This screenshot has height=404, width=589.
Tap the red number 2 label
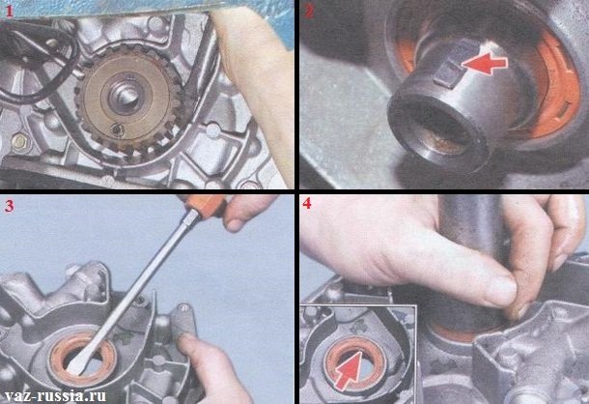(x=309, y=12)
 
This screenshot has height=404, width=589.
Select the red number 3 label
(x=9, y=206)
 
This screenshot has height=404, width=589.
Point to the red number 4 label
(x=307, y=203)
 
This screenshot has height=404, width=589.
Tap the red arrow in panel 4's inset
(x=348, y=370)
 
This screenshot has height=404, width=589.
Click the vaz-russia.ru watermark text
(x=54, y=395)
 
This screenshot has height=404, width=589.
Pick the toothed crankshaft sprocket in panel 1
(x=128, y=101)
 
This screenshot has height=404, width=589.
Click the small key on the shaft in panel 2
(x=446, y=73)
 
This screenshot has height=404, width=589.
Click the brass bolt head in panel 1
(x=18, y=142)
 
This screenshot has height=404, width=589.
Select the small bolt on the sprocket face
(x=118, y=130)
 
